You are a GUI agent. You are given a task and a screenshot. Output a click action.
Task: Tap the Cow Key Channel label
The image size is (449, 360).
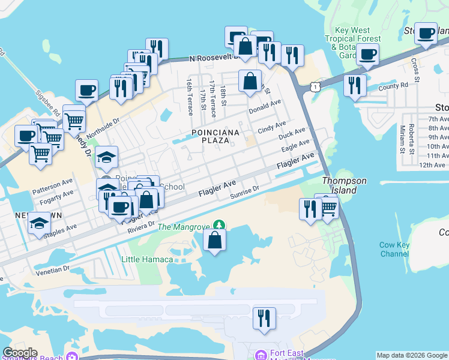click(x=394, y=250)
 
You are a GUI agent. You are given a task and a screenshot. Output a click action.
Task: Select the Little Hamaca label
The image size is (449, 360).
click(x=147, y=259)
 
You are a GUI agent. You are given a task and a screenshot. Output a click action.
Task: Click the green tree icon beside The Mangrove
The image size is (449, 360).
click(x=220, y=225)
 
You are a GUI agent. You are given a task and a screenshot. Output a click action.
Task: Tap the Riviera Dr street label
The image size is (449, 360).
click(x=137, y=227)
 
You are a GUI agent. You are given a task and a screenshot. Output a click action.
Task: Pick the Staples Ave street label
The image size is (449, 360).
click(x=63, y=229)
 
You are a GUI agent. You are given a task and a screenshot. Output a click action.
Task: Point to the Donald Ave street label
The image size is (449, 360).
click(x=265, y=107)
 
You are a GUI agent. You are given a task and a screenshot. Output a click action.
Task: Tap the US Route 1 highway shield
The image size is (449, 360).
click(x=314, y=87)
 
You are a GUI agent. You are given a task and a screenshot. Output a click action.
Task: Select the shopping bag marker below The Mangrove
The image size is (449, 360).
click(x=214, y=241)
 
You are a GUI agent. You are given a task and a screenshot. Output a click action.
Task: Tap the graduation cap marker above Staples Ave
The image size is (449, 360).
click(x=39, y=224)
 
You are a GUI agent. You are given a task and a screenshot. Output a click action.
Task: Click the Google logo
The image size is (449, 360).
click(x=20, y=353)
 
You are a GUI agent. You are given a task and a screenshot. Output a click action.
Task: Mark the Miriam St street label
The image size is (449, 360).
click(x=402, y=138)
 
